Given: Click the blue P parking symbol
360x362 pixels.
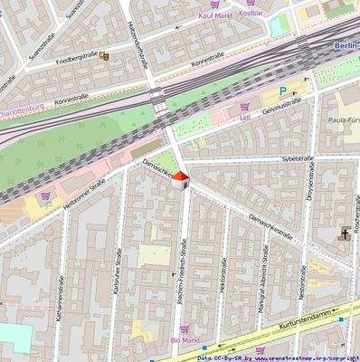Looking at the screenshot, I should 282,91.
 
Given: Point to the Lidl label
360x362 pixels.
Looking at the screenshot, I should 245,117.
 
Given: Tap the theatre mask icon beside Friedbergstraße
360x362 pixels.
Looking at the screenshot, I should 105,57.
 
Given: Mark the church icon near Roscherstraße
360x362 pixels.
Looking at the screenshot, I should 345,234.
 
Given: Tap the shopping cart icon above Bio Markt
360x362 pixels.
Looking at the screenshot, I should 185,329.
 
